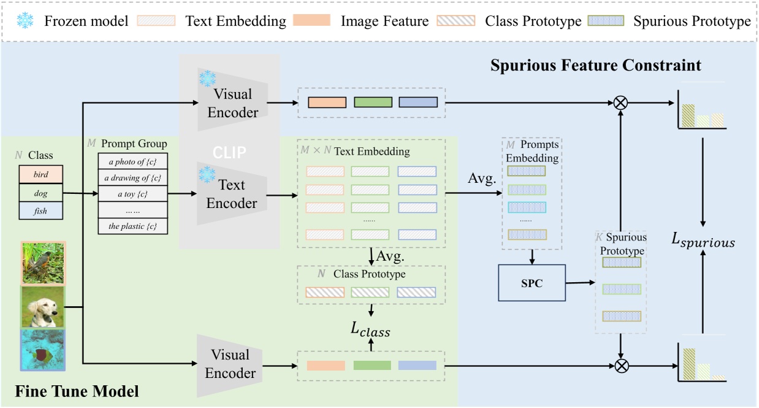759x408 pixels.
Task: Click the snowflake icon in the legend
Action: click(x=25, y=21)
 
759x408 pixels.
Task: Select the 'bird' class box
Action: click(x=40, y=175)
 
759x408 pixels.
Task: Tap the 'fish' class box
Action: click(x=40, y=211)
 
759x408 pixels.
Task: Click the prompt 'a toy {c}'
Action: click(x=134, y=194)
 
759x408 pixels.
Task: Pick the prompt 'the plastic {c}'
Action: click(x=134, y=226)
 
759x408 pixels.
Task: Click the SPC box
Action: click(x=532, y=283)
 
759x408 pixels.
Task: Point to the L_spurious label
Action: click(x=703, y=242)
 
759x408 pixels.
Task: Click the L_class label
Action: click(x=370, y=331)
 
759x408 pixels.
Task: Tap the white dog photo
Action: click(x=43, y=307)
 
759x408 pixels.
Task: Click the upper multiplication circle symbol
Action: click(x=621, y=102)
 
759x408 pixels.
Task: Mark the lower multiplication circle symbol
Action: click(x=621, y=366)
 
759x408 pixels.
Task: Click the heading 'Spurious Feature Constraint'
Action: click(x=595, y=65)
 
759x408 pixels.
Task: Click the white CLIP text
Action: click(x=229, y=152)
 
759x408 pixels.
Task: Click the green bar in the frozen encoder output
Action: click(x=372, y=102)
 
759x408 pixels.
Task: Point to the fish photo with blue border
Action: click(x=43, y=350)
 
